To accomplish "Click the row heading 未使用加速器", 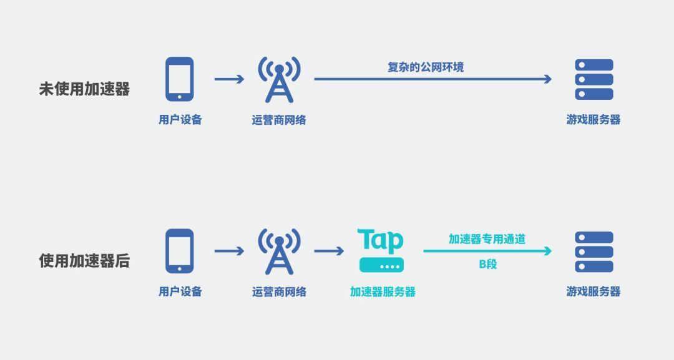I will [x=84, y=89].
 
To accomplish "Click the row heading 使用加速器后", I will [x=84, y=261].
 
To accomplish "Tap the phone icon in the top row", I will [x=179, y=79].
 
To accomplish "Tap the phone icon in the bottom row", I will [x=179, y=251].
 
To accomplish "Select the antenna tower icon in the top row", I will [x=279, y=79].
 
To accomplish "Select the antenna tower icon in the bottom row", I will [x=279, y=251].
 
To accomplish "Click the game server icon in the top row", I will [x=593, y=79].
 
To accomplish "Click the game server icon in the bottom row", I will [x=593, y=251].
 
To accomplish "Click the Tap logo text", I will [x=381, y=241].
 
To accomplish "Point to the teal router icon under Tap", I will [x=381, y=265].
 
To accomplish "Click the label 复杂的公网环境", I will [x=426, y=67].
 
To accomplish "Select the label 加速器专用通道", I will [x=487, y=238].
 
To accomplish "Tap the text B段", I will [x=488, y=264].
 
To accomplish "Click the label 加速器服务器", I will [x=383, y=292].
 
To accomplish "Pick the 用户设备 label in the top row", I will [x=180, y=120].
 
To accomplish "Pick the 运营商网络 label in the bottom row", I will [x=279, y=292].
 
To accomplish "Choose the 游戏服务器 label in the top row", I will [x=593, y=120].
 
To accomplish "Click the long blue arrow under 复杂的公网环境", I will [x=432, y=79].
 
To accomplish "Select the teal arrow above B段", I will [x=487, y=251].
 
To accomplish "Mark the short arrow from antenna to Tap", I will [x=329, y=251].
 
